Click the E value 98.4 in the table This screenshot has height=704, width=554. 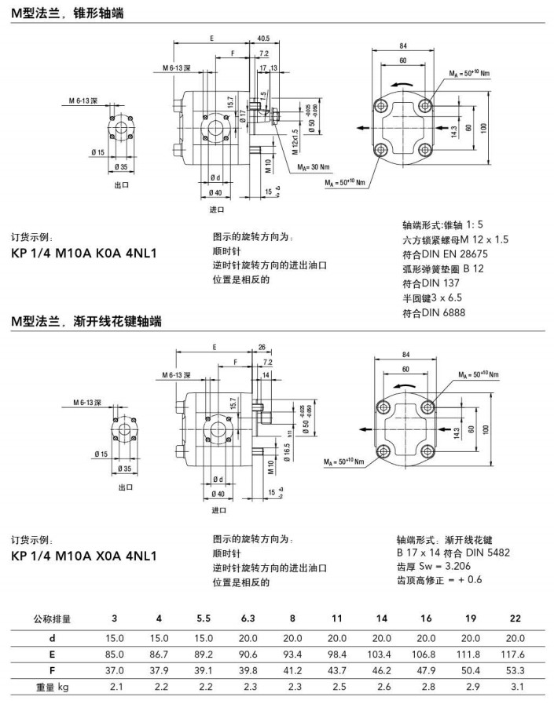tap(337, 653)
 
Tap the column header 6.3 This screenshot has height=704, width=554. tap(248, 618)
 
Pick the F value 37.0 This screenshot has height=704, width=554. tap(115, 670)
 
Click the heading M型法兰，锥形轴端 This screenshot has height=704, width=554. tap(67, 13)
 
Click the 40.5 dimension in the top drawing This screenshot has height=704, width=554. tap(262, 38)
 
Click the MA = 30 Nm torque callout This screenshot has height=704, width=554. tap(314, 166)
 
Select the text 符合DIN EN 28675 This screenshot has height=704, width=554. tap(445, 254)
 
